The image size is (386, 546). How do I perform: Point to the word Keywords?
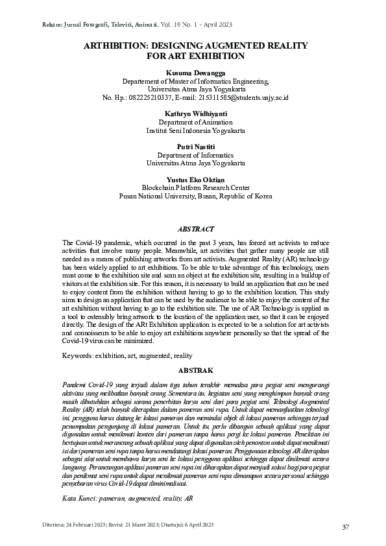click(77, 356)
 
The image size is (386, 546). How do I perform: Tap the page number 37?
click(346, 527)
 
